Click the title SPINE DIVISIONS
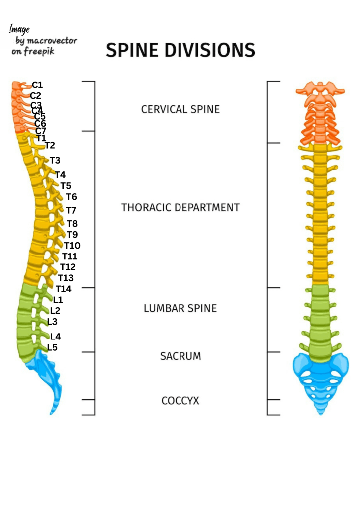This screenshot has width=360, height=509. (180, 50)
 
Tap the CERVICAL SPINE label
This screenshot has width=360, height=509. (180, 109)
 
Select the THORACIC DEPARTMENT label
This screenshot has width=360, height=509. (180, 207)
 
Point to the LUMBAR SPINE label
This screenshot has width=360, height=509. (180, 308)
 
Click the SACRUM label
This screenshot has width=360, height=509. (180, 356)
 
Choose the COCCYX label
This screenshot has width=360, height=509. (180, 401)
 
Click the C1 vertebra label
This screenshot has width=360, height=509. (37, 85)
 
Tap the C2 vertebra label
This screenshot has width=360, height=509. (36, 96)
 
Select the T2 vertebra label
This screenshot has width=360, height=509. (50, 145)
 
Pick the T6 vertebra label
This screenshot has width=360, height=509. (71, 197)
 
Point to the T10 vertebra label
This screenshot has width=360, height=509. (72, 246)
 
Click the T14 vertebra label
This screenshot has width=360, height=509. (64, 289)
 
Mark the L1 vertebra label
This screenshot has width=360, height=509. (58, 300)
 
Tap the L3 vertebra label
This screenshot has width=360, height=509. (52, 322)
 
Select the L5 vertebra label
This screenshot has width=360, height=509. (52, 347)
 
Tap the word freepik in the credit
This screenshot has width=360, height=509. (39, 51)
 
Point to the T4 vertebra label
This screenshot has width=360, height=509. (60, 175)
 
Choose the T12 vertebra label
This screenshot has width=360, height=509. (68, 267)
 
